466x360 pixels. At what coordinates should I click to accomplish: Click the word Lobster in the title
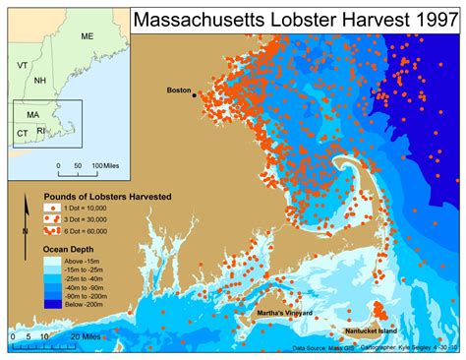point(307,19)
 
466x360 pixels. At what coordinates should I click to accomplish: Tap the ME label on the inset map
point(87,36)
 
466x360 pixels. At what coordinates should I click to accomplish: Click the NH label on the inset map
point(39,80)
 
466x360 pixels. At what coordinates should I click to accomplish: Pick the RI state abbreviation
point(40,130)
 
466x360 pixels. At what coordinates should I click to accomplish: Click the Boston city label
point(178,90)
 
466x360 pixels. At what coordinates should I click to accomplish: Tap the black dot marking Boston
point(195,94)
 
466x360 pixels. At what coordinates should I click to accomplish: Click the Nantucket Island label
point(378,333)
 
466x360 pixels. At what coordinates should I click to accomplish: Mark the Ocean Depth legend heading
point(70,249)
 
